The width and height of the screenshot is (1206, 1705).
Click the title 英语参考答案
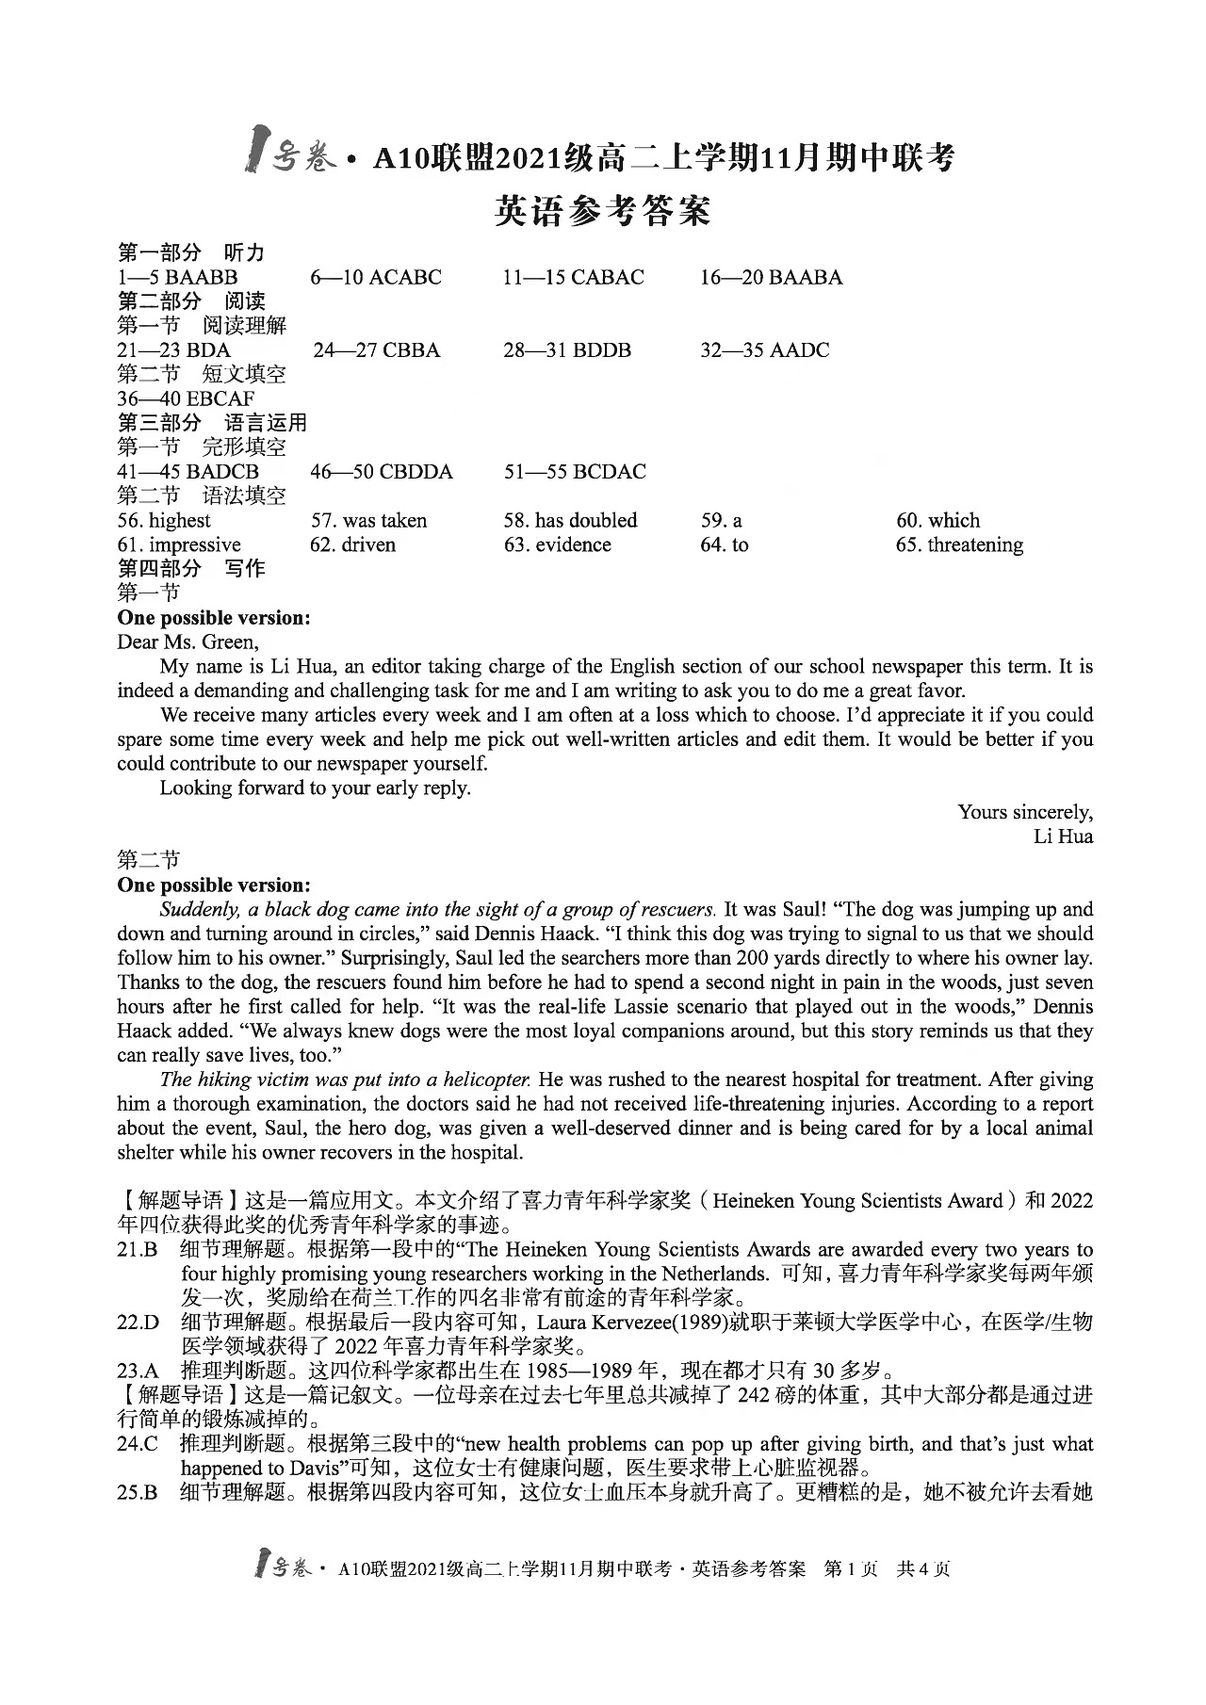tap(602, 210)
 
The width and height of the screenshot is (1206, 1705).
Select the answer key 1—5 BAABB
tap(177, 277)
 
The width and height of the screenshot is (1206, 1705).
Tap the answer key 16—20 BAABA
tap(771, 277)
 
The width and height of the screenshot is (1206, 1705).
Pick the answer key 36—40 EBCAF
tap(186, 398)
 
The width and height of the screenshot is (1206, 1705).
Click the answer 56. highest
tap(164, 520)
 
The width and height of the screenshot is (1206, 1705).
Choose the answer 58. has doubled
tap(570, 520)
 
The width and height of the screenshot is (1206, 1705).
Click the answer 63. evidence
tap(557, 544)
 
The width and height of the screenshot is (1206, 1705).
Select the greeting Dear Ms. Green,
tap(187, 641)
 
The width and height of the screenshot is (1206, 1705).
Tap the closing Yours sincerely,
tap(1025, 812)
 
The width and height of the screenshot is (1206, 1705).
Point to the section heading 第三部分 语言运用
tap(212, 423)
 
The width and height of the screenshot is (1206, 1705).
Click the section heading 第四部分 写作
tap(190, 568)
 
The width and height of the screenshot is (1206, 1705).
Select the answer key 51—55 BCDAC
tap(575, 471)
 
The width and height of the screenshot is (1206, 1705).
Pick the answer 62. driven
tap(352, 544)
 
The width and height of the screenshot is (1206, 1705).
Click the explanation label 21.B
tap(136, 1250)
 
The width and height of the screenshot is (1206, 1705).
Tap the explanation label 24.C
tap(137, 1444)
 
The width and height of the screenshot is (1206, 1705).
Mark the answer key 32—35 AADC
tap(764, 350)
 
